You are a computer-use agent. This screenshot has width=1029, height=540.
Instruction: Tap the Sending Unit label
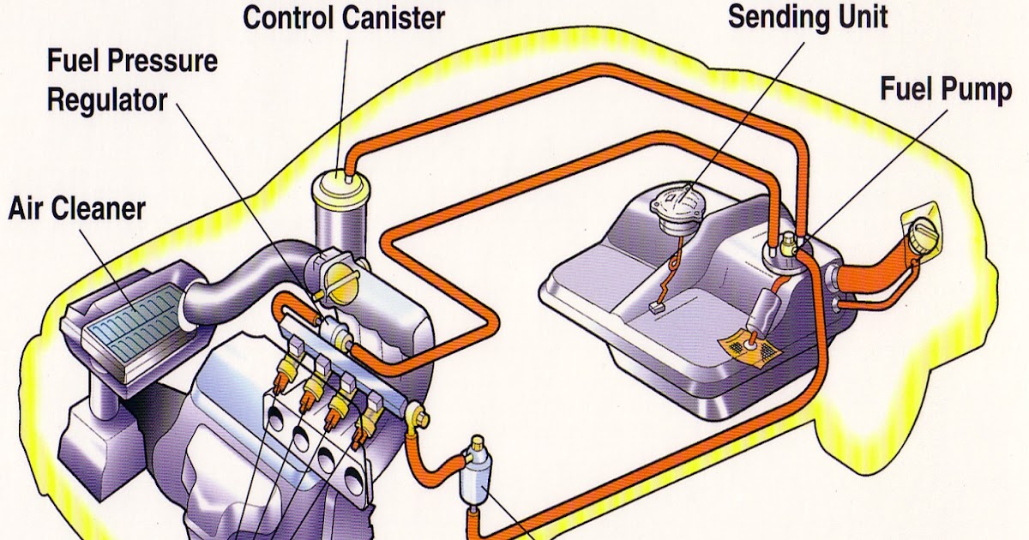pyautogui.click(x=807, y=16)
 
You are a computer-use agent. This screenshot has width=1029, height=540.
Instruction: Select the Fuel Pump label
pyautogui.click(x=946, y=89)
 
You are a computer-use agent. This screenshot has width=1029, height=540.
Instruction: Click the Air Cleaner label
pyautogui.click(x=76, y=207)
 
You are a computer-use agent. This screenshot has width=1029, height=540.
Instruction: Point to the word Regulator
pyautogui.click(x=106, y=99)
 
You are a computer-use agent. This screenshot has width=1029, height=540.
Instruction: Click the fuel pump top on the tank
pyautogui.click(x=782, y=249)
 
